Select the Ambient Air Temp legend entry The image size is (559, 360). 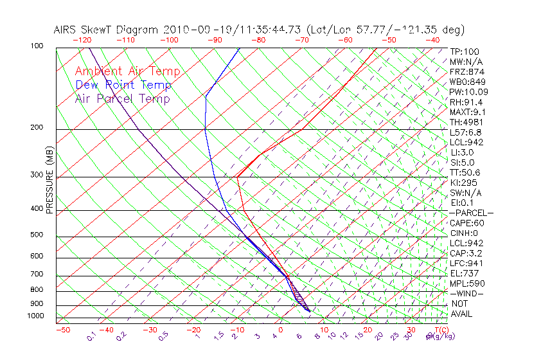point(128,72)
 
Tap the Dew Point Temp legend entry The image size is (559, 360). point(123,85)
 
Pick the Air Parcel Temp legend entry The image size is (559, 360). point(123,99)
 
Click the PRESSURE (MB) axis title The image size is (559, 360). point(49,184)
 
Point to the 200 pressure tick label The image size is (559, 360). point(37,128)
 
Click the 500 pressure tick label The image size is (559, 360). point(37,235)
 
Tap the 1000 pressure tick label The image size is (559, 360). point(35,316)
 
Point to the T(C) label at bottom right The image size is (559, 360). point(441,330)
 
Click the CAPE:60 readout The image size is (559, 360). point(467,223)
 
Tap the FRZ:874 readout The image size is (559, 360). point(466,72)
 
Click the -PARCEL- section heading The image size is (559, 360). point(471,213)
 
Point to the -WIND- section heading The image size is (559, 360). point(467,293)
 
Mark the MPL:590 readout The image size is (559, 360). point(467,283)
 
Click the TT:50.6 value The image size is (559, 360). point(466,173)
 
